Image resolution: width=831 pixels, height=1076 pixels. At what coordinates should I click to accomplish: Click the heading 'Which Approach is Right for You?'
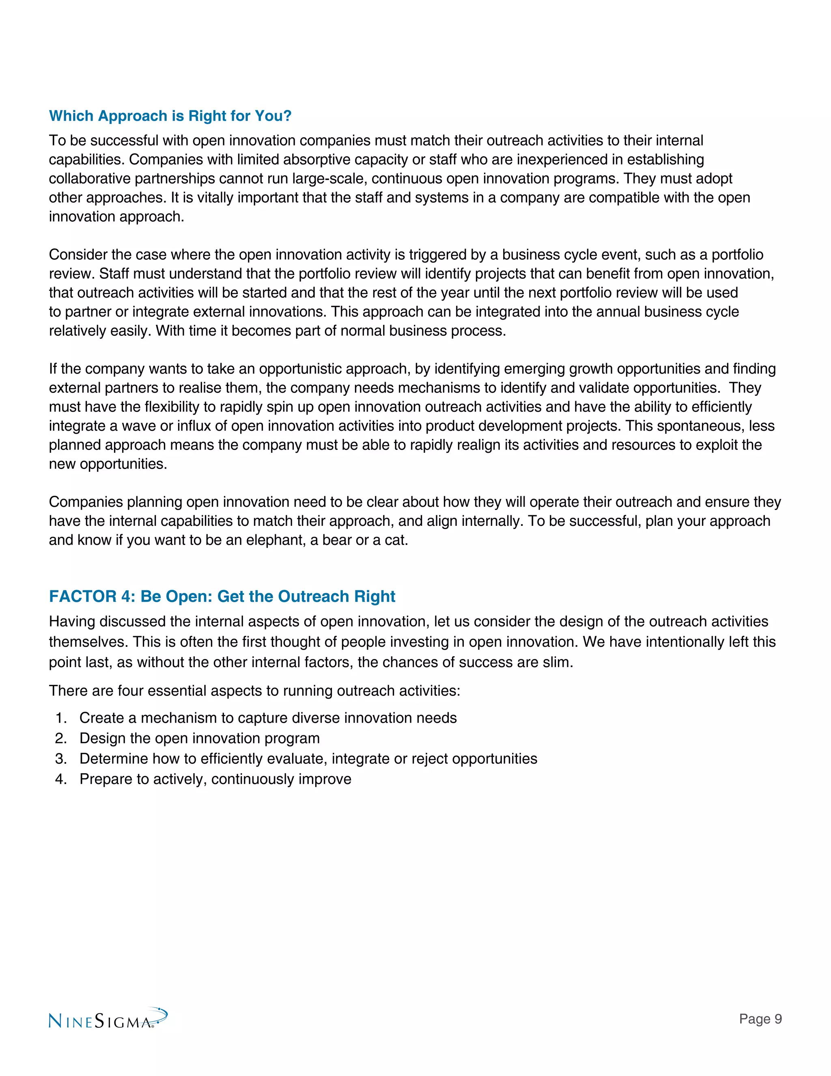coord(170,116)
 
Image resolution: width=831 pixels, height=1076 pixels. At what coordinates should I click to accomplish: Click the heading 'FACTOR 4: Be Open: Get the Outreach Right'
coord(222,596)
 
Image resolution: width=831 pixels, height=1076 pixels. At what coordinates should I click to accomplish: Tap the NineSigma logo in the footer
coord(108,1018)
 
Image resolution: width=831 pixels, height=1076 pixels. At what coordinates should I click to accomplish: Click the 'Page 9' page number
coord(760,1019)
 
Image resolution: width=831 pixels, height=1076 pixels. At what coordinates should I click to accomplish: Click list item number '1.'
coord(61,718)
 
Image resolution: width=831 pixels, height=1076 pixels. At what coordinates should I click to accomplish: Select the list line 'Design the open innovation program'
coord(199,738)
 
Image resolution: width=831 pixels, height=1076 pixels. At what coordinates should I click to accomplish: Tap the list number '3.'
coord(61,759)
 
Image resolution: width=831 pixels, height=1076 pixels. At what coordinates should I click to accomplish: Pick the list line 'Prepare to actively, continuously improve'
coord(215,779)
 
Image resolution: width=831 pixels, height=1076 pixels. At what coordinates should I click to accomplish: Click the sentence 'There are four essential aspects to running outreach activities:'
coord(254,691)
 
